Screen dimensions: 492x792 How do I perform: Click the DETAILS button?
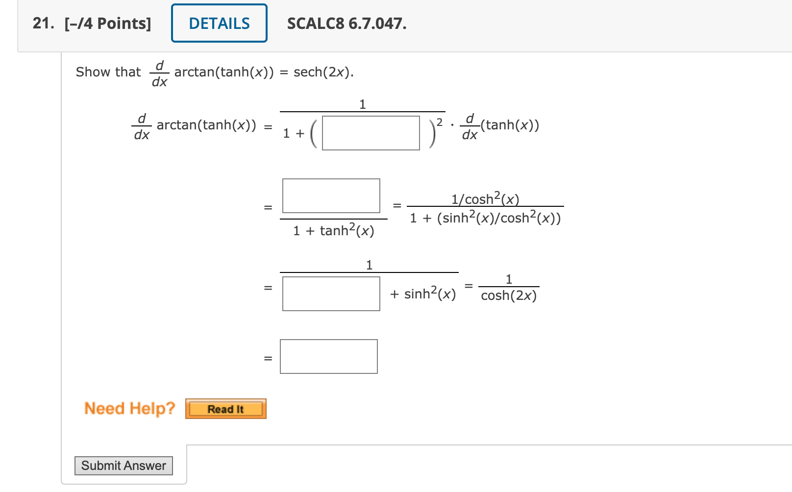pos(219,24)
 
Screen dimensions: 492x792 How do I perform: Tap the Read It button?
pos(225,409)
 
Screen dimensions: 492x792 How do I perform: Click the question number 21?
pos(43,24)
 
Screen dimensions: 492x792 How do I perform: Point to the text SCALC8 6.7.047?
pos(346,24)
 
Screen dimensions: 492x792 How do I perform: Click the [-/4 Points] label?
pos(108,24)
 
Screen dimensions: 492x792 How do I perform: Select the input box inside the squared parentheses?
pos(371,133)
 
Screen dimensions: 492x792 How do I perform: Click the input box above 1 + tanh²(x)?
pos(331,196)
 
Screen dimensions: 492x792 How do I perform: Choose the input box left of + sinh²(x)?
pos(331,294)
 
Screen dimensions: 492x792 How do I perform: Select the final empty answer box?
pos(328,356)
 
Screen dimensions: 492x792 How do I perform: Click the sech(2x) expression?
pos(323,72)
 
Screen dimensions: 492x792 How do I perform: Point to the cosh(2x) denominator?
pos(509,295)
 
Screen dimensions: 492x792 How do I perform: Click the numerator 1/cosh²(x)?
pos(485,198)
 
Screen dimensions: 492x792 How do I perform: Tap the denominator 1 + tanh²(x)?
pos(333,230)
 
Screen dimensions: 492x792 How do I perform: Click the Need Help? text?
pos(129,408)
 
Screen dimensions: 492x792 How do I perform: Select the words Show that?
pos(108,72)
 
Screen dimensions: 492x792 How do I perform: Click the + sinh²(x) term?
pos(423,294)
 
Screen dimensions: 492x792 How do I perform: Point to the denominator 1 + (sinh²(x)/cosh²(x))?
pos(485,218)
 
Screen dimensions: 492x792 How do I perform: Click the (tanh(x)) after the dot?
pos(510,125)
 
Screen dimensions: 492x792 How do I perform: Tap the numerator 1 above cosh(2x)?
pos(509,279)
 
